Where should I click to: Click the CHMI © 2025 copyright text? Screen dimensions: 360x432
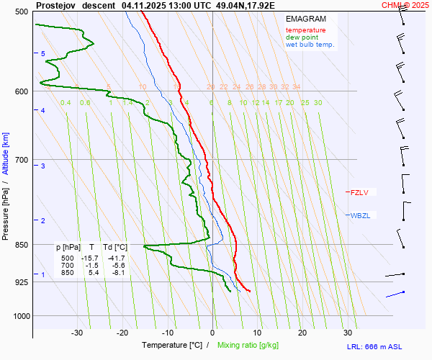[405, 5]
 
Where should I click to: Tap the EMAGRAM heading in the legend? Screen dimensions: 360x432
[305, 19]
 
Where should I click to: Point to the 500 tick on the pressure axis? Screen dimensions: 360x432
[21, 12]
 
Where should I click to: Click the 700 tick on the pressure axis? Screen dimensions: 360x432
[21, 160]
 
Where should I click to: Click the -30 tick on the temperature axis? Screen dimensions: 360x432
[77, 333]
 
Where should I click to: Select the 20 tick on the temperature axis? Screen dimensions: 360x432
[302, 333]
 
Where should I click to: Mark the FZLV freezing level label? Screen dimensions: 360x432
[359, 192]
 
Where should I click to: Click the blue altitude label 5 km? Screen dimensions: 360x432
[43, 54]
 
